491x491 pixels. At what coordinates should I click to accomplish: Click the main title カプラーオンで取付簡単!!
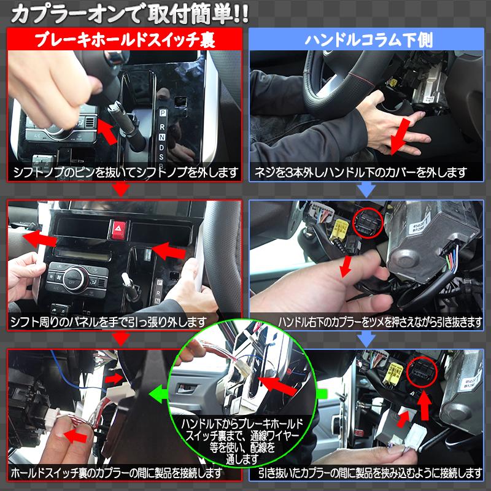pyautogui.click(x=129, y=14)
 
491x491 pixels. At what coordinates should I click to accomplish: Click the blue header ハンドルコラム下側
pyautogui.click(x=368, y=41)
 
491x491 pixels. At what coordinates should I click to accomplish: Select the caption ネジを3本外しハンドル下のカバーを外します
pyautogui.click(x=366, y=172)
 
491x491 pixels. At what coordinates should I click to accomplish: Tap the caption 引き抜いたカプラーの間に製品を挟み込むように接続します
pyautogui.click(x=370, y=473)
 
